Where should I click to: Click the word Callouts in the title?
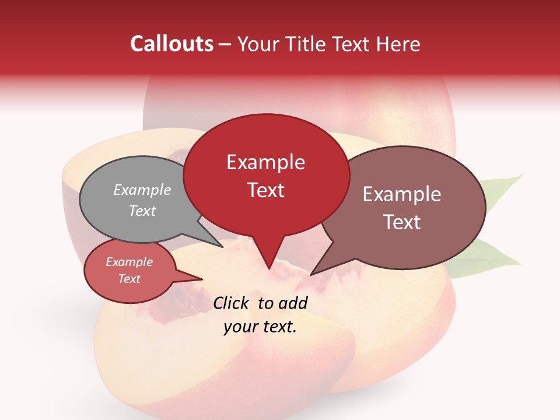pyautogui.click(x=171, y=44)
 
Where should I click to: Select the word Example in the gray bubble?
pyautogui.click(x=142, y=190)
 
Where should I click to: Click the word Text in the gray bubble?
pyautogui.click(x=142, y=211)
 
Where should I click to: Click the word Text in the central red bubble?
pyautogui.click(x=265, y=190)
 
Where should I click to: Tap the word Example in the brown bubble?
pyautogui.click(x=401, y=194)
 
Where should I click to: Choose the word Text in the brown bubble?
pyautogui.click(x=401, y=222)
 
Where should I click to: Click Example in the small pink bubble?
pyautogui.click(x=129, y=262)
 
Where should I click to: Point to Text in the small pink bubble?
pyautogui.click(x=129, y=279)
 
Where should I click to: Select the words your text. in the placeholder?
pyautogui.click(x=260, y=327)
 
